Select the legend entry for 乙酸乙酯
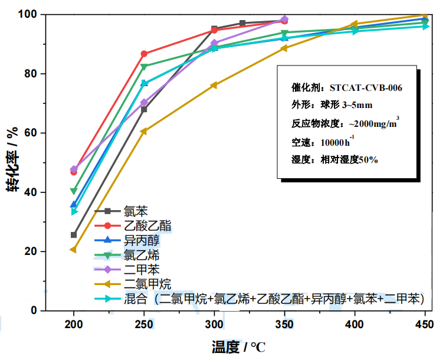[148, 225]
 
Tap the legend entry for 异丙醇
[141, 240]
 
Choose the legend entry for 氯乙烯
[141, 255]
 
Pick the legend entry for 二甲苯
[141, 270]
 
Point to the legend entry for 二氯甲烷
[148, 284]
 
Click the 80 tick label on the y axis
[29, 74]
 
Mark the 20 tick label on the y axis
[29, 251]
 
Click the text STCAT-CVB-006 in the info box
[366, 87]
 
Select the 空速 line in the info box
[323, 142]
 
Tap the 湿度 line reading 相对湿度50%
[335, 159]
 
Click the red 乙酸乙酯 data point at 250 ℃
[144, 54]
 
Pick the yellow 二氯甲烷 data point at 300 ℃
[214, 85]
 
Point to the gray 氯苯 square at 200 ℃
[74, 235]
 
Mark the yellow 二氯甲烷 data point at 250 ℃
[144, 131]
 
